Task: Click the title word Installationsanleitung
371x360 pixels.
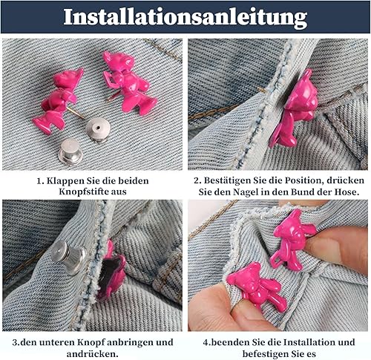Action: click(185, 17)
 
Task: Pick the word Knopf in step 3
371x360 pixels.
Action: click(91, 343)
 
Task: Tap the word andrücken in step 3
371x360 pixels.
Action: click(92, 354)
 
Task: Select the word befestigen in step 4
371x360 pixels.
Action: click(265, 354)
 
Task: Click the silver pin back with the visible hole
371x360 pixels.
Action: click(98, 130)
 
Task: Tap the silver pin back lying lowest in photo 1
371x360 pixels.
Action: click(70, 152)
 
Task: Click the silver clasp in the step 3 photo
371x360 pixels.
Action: click(68, 258)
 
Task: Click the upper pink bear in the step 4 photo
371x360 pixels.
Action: click(292, 239)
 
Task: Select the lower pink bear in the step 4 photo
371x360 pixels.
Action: click(257, 284)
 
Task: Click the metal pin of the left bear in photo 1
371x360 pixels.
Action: click(76, 114)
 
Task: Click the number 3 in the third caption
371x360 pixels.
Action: click(15, 343)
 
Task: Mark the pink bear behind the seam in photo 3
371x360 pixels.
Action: click(112, 269)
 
